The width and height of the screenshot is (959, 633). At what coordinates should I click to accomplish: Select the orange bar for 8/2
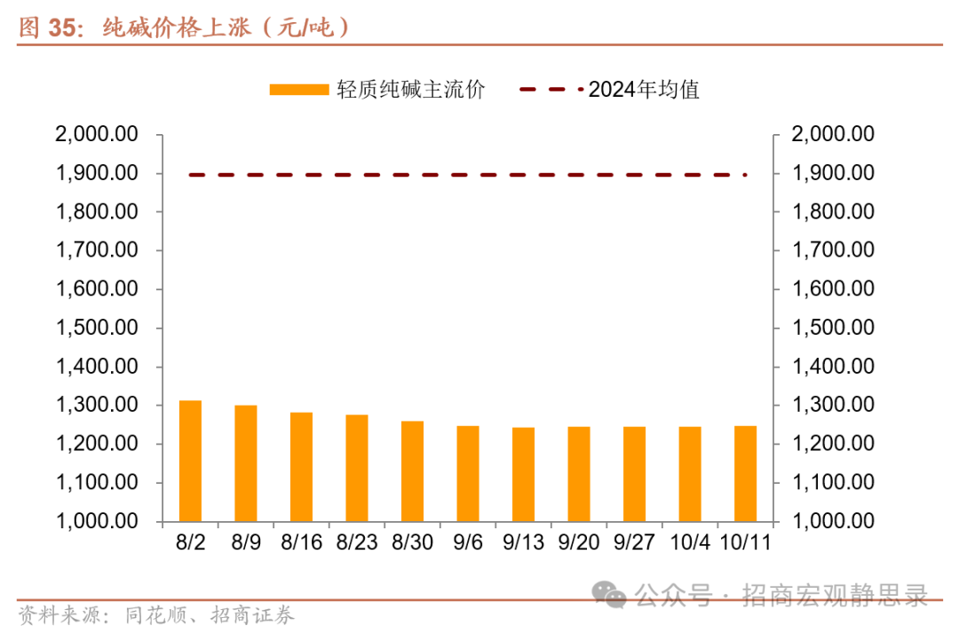[190, 461]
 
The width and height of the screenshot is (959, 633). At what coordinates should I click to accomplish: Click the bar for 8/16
[301, 467]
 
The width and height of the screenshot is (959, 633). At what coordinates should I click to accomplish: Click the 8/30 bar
[412, 471]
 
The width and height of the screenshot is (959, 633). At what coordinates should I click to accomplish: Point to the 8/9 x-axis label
[245, 542]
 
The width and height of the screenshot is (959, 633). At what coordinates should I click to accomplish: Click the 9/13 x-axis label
[523, 542]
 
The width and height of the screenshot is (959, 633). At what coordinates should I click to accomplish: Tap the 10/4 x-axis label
[689, 542]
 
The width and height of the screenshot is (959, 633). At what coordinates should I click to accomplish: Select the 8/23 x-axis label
[356, 542]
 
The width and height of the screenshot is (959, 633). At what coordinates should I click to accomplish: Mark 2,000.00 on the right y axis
[833, 134]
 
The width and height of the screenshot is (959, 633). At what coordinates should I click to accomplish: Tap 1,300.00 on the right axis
[833, 405]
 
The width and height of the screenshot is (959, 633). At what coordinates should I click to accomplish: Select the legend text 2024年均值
[644, 90]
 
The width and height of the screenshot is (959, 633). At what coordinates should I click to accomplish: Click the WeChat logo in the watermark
[611, 593]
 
